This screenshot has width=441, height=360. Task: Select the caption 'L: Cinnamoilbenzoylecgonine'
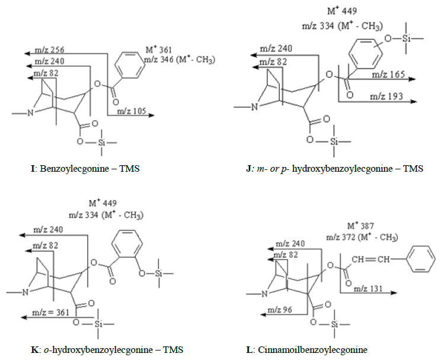(x=308, y=350)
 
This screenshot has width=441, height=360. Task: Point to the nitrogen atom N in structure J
(x=254, y=107)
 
